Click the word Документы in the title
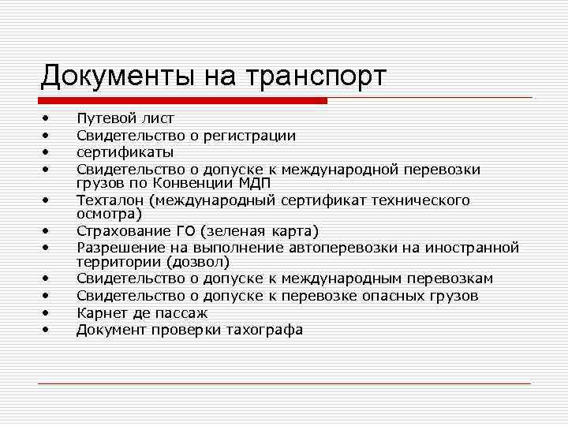[118, 77]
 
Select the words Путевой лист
[125, 119]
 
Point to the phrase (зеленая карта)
[260, 231]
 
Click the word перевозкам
[448, 278]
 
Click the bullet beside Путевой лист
[47, 119]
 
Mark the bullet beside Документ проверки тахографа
[47, 330]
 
